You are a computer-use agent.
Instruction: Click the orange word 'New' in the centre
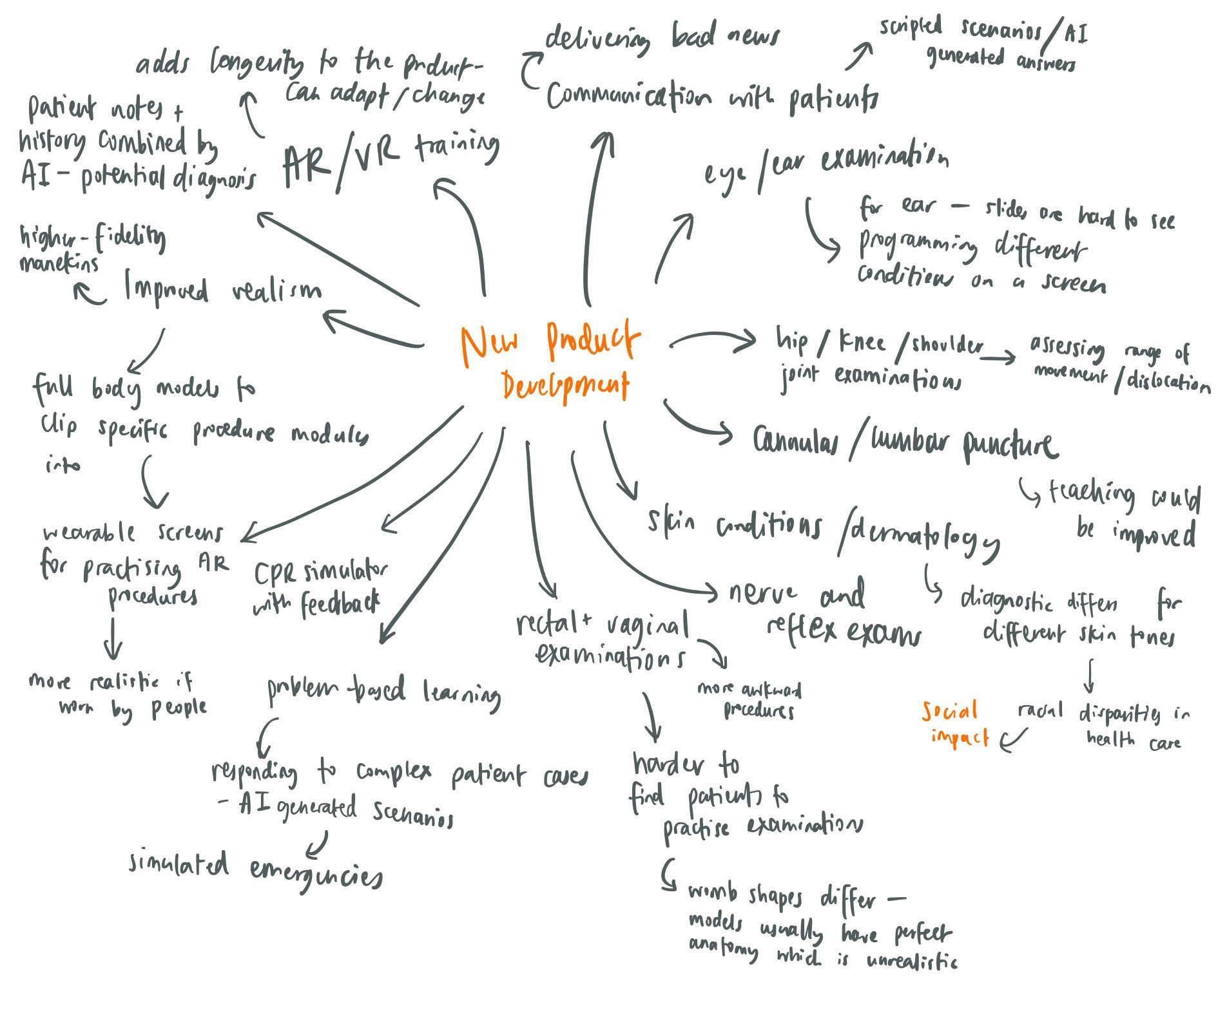pyautogui.click(x=490, y=344)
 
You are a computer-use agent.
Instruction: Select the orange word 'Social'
pyautogui.click(x=949, y=712)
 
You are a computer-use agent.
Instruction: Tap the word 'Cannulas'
pyautogui.click(x=797, y=442)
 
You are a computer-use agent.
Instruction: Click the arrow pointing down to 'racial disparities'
pyautogui.click(x=1090, y=674)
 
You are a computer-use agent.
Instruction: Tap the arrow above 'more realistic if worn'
pyautogui.click(x=114, y=637)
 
